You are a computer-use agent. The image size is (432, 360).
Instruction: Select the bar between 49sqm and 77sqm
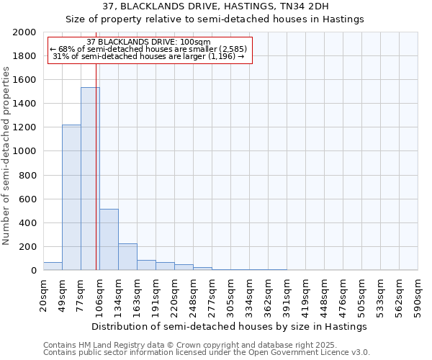(71, 197)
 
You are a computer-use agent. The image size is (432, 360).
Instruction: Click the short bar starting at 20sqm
(53, 266)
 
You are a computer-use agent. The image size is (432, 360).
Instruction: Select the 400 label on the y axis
(30, 222)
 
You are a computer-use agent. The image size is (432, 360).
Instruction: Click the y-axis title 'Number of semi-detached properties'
(6, 156)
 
